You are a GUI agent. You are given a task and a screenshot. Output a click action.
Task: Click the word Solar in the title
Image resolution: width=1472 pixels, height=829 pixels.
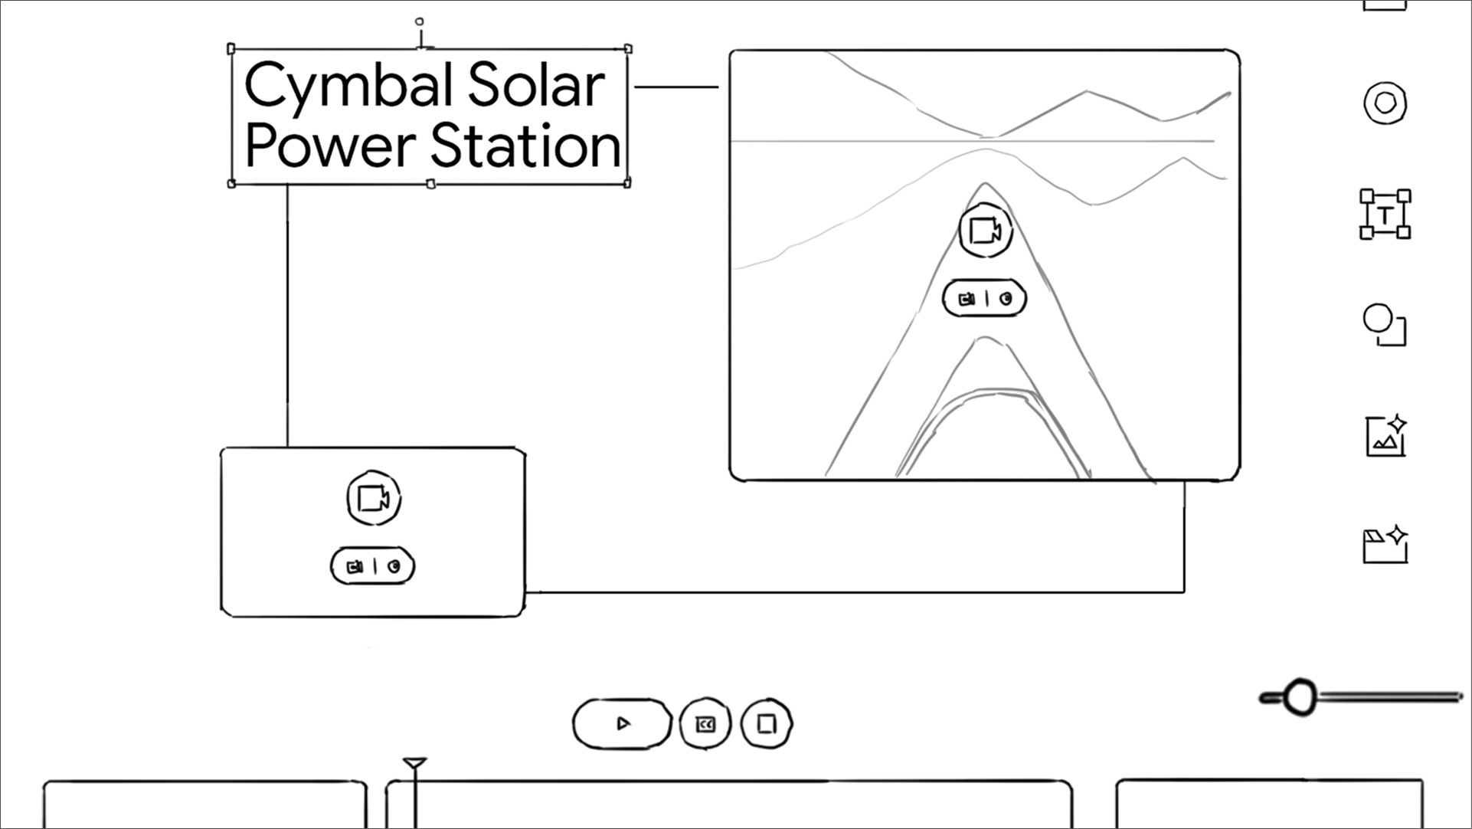click(x=536, y=85)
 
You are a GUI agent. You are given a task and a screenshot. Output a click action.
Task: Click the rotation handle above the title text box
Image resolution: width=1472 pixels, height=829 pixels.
click(x=419, y=22)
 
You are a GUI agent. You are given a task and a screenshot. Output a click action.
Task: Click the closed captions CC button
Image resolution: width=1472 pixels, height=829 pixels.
click(x=705, y=724)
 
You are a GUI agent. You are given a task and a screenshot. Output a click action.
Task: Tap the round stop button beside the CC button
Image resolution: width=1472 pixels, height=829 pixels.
click(x=767, y=724)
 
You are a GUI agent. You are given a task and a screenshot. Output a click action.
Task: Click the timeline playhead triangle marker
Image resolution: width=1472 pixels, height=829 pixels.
click(x=414, y=763)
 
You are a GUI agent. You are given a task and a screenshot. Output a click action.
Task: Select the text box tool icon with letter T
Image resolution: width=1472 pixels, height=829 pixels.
click(x=1385, y=215)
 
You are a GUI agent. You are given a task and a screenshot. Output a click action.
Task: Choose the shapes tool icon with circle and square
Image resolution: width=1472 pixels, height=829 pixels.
click(x=1385, y=325)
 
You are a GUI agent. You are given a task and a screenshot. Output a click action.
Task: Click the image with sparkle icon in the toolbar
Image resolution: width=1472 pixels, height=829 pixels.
click(x=1385, y=436)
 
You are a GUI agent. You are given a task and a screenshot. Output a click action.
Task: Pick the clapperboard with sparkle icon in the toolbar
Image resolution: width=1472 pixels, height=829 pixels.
click(x=1385, y=544)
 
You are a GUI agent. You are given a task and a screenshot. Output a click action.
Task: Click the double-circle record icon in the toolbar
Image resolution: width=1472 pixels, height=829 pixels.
click(x=1385, y=103)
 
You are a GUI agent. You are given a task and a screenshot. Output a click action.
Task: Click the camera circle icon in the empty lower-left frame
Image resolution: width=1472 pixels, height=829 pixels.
click(x=374, y=499)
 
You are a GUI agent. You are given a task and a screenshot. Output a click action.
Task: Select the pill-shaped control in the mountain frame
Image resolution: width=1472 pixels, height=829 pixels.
click(x=984, y=299)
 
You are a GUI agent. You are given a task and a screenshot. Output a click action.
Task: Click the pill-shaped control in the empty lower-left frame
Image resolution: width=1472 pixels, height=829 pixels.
click(x=372, y=567)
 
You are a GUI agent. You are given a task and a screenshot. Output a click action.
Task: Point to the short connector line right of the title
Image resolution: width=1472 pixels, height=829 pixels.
click(x=676, y=87)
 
